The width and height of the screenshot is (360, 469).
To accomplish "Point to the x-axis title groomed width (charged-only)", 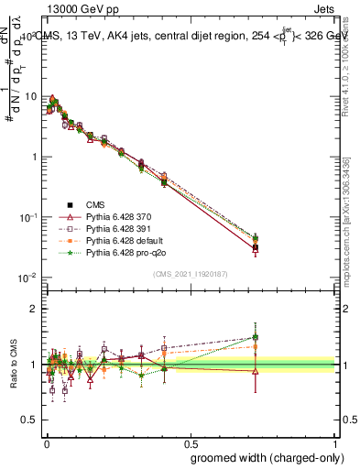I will (268, 457).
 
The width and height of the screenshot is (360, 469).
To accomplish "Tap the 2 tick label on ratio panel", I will (35, 309).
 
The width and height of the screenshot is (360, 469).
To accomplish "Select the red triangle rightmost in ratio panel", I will (256, 371).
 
